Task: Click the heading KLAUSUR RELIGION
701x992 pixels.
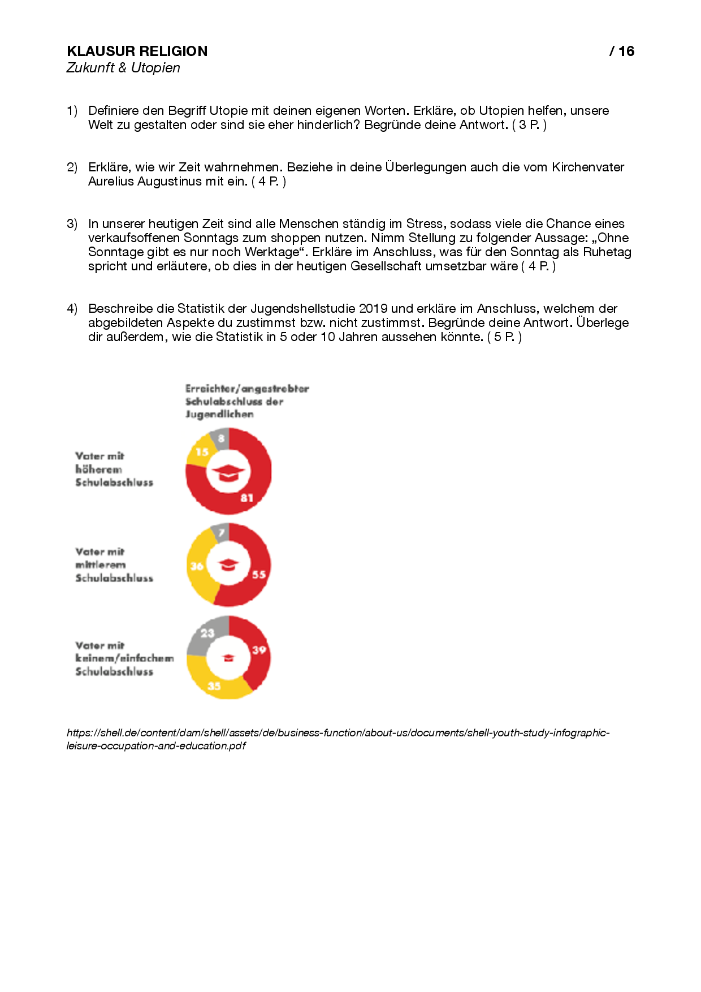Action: pyautogui.click(x=137, y=51)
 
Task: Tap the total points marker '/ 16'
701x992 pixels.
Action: pyautogui.click(x=622, y=51)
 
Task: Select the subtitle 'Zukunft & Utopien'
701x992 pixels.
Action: pyautogui.click(x=123, y=68)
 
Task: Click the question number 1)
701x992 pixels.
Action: pyautogui.click(x=72, y=111)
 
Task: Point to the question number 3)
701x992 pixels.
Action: pyautogui.click(x=72, y=224)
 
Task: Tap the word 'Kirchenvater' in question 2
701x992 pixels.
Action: pyautogui.click(x=588, y=167)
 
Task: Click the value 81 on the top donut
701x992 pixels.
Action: pyautogui.click(x=246, y=498)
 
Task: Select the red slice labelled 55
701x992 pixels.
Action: pyautogui.click(x=258, y=574)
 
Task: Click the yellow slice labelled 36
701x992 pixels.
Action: pyautogui.click(x=197, y=566)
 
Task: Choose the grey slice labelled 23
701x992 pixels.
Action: pyautogui.click(x=207, y=633)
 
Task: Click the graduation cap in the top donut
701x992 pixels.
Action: pyautogui.click(x=228, y=472)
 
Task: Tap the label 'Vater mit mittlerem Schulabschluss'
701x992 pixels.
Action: pyautogui.click(x=114, y=564)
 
